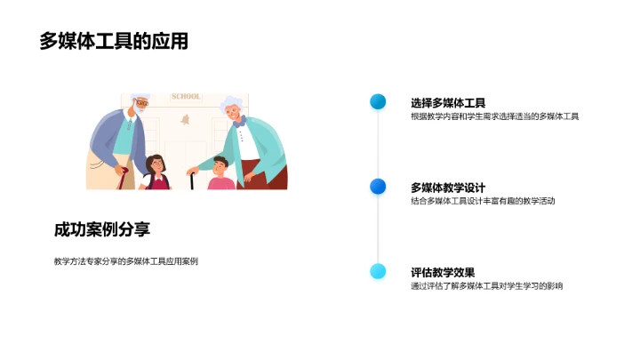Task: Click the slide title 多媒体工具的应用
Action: [113, 41]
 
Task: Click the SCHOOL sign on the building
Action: [186, 96]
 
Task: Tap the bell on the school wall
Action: [187, 119]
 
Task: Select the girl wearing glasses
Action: [156, 171]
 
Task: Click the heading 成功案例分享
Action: [102, 229]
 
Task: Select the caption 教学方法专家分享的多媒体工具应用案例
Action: [125, 260]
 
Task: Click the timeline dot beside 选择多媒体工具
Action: [378, 101]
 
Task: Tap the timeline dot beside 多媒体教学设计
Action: [378, 186]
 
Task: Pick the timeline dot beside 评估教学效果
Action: [378, 271]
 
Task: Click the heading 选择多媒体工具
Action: [448, 102]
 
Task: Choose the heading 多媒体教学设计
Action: [448, 187]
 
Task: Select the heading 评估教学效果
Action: [443, 272]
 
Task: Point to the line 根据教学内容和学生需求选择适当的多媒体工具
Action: [495, 116]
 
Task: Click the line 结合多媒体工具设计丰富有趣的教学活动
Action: [483, 201]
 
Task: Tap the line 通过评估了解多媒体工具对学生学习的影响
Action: [486, 285]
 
